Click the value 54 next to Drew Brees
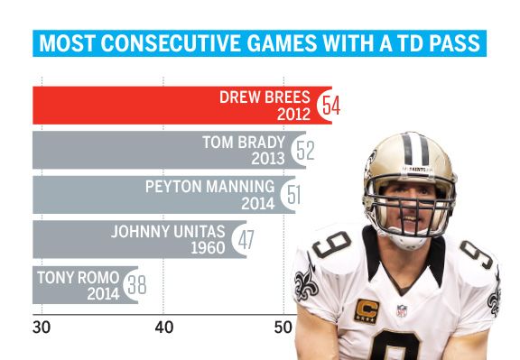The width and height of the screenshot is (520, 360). pyautogui.click(x=330, y=106)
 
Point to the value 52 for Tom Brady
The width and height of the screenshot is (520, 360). pyautogui.click(x=304, y=150)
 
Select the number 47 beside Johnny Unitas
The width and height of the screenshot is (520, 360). pyautogui.click(x=245, y=238)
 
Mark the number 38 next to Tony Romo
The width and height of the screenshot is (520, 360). pyautogui.click(x=135, y=282)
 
